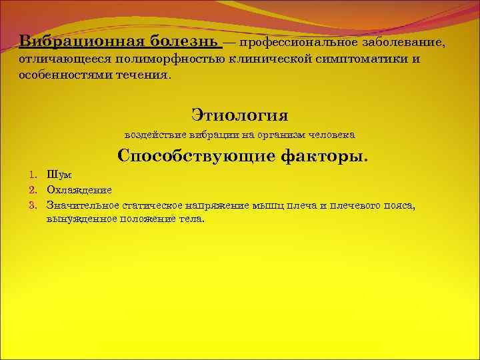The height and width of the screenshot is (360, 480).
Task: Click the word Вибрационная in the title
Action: point(81,41)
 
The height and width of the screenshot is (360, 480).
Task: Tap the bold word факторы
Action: point(321,156)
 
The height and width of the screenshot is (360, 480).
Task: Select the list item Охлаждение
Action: point(79,190)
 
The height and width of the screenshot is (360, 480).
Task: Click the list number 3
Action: point(31,205)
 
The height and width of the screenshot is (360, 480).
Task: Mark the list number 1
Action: point(31,175)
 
